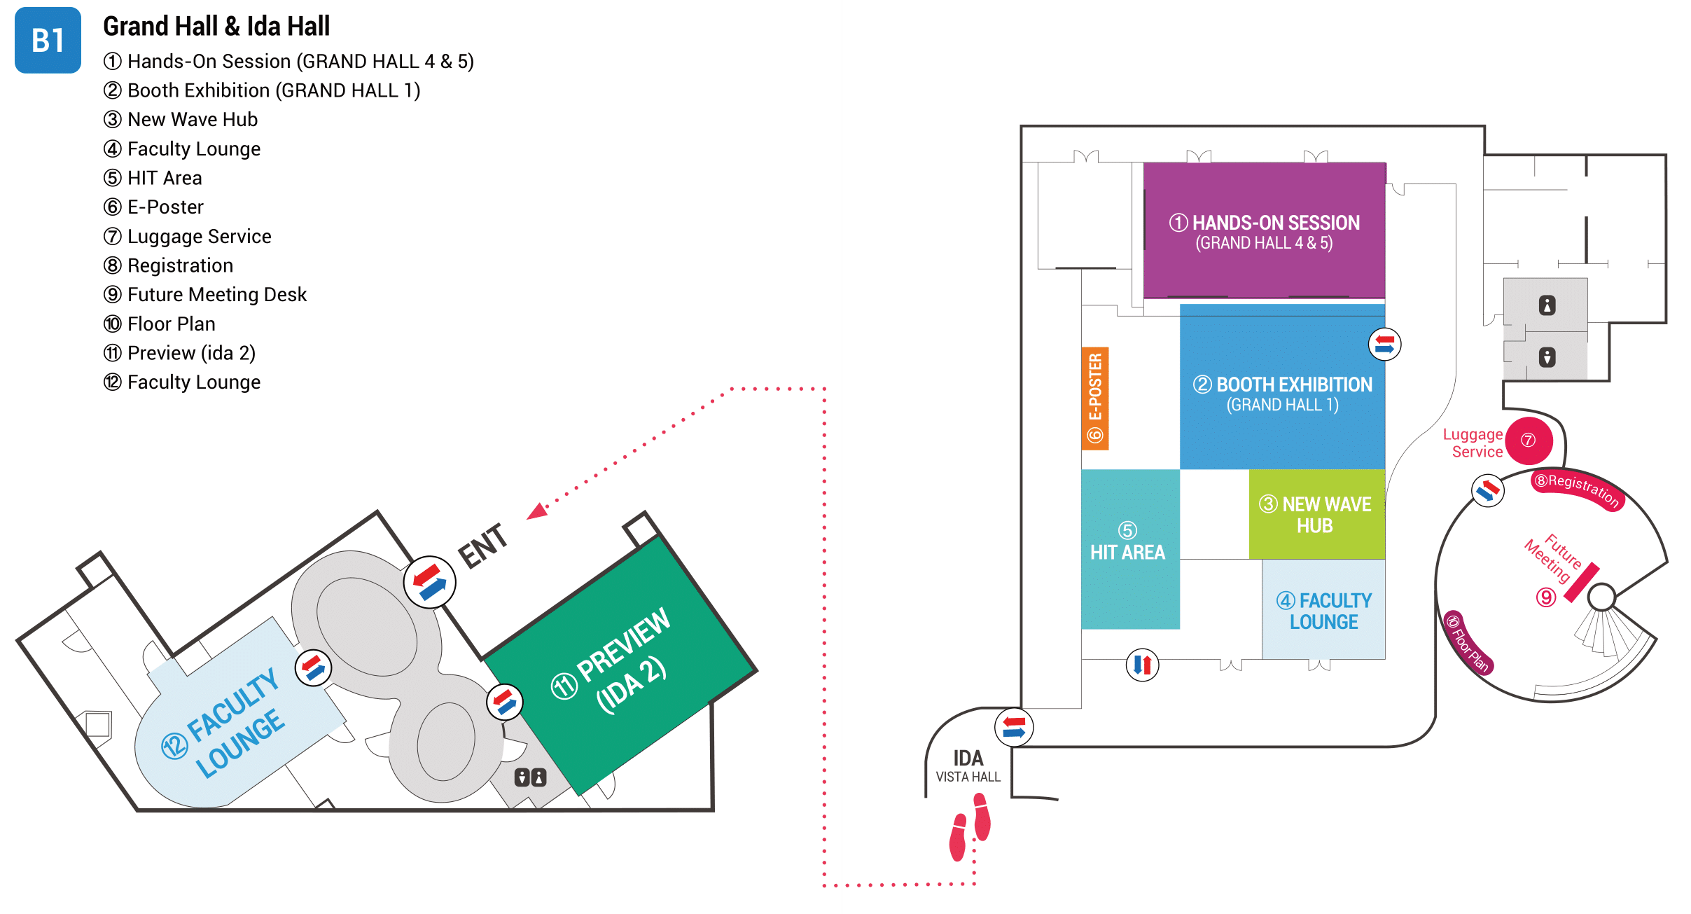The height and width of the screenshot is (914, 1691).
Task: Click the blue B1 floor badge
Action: tap(48, 40)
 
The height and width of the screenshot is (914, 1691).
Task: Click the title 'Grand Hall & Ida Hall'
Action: tap(216, 27)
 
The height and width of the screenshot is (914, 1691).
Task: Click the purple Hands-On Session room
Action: tap(1264, 230)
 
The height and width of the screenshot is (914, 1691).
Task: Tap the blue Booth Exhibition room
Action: tap(1281, 392)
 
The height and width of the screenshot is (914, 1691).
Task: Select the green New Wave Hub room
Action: tap(1316, 514)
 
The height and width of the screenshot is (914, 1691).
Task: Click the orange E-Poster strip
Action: tap(1095, 398)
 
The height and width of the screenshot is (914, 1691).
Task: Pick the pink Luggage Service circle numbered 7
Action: tap(1529, 441)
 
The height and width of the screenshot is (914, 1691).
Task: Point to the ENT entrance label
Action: tap(483, 546)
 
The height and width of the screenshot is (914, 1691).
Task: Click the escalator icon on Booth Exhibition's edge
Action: tap(1384, 344)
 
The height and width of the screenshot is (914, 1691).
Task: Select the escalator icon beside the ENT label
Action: tap(429, 582)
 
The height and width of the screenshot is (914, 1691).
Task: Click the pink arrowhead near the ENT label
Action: tap(538, 512)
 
